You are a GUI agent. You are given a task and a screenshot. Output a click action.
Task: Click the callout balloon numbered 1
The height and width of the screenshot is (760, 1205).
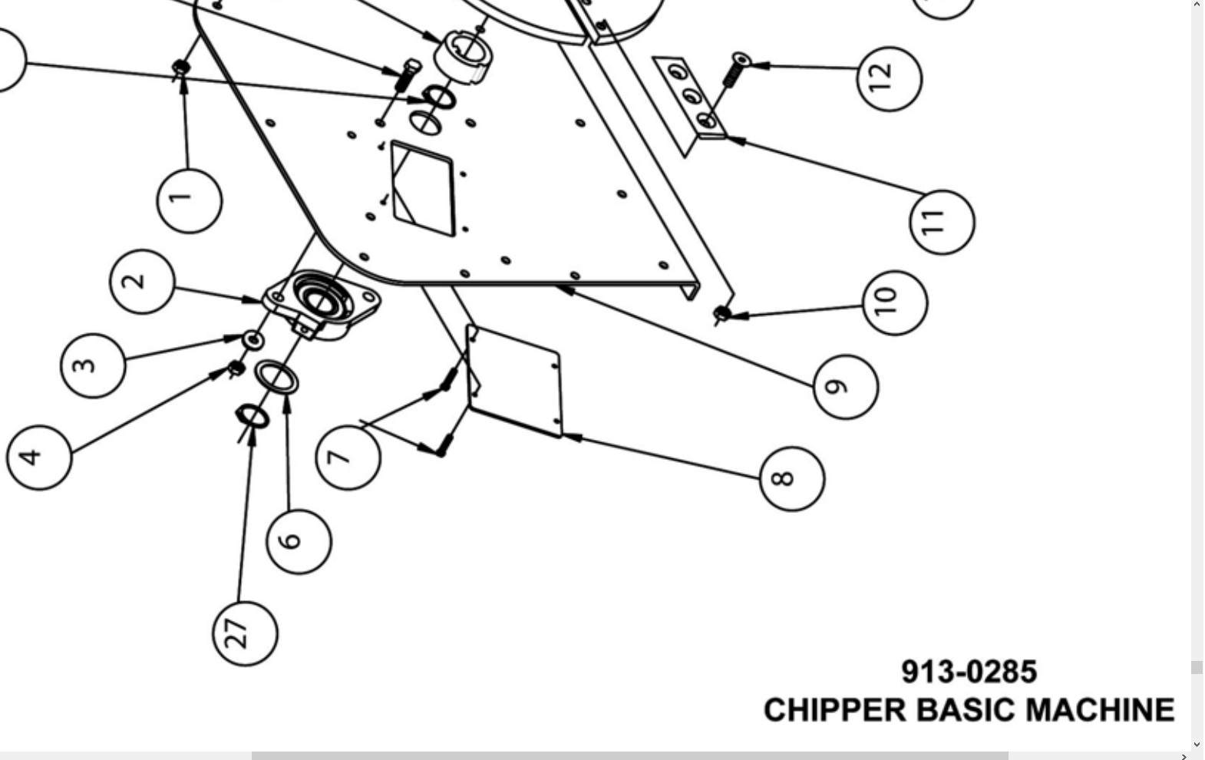(x=189, y=200)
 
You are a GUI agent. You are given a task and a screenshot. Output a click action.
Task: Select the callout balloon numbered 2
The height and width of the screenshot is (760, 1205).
(x=142, y=281)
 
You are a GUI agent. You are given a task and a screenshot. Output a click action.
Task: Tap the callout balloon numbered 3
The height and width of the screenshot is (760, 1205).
(x=93, y=365)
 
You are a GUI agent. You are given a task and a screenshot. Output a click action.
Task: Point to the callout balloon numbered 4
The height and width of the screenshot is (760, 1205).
(x=38, y=457)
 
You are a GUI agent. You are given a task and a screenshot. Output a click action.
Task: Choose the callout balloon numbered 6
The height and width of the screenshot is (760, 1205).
(x=299, y=540)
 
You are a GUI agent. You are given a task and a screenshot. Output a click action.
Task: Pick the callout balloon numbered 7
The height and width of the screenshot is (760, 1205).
(x=348, y=458)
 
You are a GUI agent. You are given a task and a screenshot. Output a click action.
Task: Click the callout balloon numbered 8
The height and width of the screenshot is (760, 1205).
(x=791, y=478)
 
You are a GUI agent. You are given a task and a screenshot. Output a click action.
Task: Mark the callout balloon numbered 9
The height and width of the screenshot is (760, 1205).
(x=845, y=386)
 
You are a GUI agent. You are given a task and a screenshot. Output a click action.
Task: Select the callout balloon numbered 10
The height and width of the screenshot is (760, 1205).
(x=894, y=302)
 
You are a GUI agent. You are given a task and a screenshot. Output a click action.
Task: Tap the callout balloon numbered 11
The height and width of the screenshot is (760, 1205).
(x=942, y=222)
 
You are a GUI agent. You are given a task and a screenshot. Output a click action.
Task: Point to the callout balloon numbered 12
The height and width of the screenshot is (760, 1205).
(x=889, y=78)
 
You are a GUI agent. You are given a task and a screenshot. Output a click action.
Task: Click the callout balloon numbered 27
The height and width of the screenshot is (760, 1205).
(x=245, y=633)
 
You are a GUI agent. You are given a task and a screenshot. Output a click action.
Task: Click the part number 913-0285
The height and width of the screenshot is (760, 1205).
(x=969, y=672)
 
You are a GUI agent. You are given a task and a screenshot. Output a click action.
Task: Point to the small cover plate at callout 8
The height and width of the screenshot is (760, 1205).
(x=515, y=380)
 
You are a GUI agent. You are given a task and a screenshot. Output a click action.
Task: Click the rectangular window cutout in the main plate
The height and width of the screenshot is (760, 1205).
(x=422, y=188)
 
